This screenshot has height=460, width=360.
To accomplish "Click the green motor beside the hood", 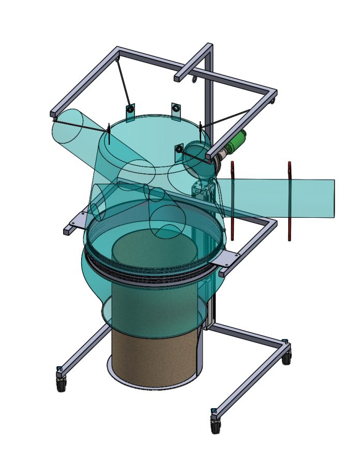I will (236, 142).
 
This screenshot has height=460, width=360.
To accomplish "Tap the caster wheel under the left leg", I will (62, 383).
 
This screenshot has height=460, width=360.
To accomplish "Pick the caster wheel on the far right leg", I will (287, 358).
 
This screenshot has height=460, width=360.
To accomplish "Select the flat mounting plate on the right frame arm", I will (227, 259).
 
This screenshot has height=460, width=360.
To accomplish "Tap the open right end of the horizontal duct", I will (334, 198).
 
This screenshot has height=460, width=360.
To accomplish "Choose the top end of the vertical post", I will (208, 48).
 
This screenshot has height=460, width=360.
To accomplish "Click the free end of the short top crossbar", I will (177, 79).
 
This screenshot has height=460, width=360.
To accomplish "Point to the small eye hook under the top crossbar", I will (194, 80).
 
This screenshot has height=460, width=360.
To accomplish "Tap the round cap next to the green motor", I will (196, 152).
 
